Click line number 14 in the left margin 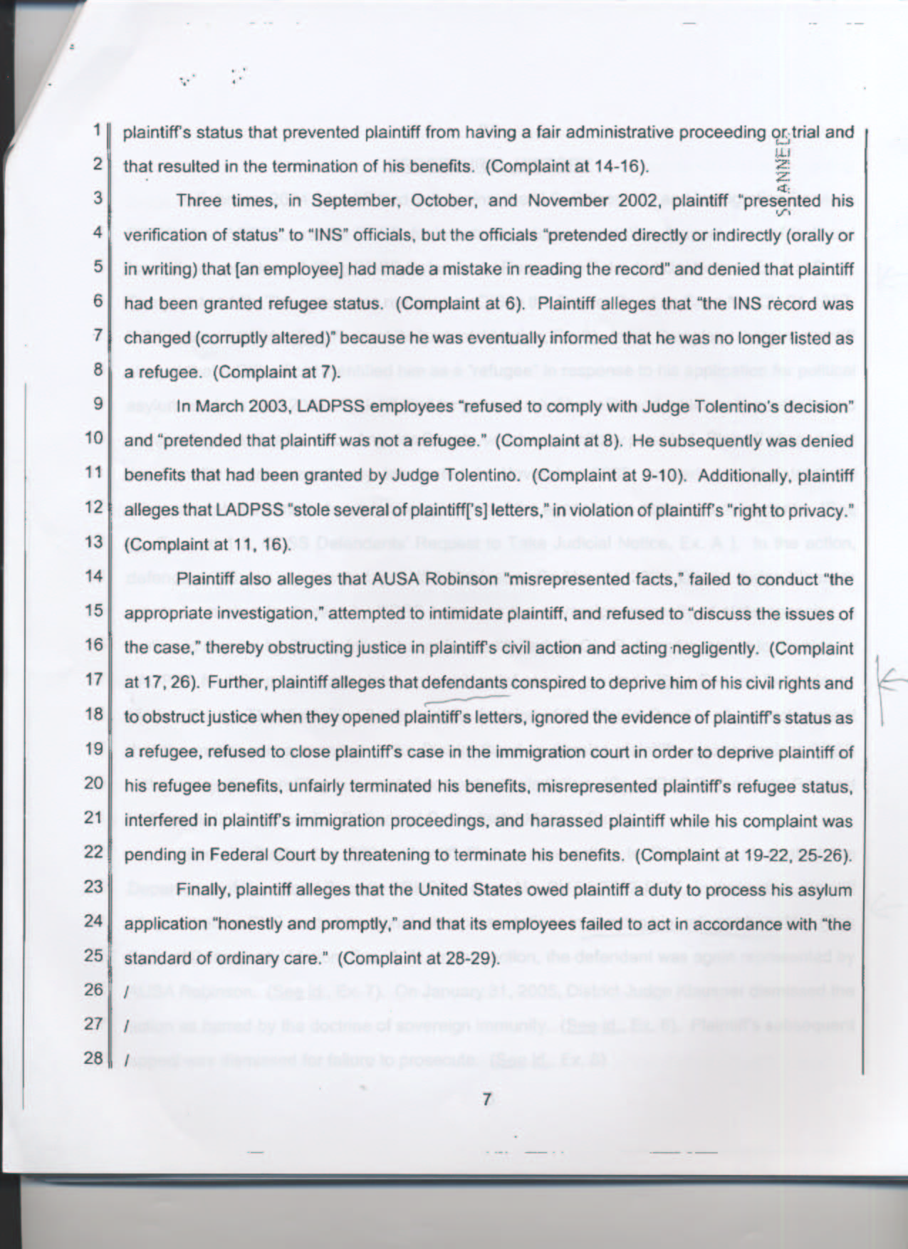point(93,576)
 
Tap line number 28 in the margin point(93,1057)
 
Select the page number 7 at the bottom point(487,1099)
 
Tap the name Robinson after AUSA point(459,579)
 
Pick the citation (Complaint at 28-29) point(417,958)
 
